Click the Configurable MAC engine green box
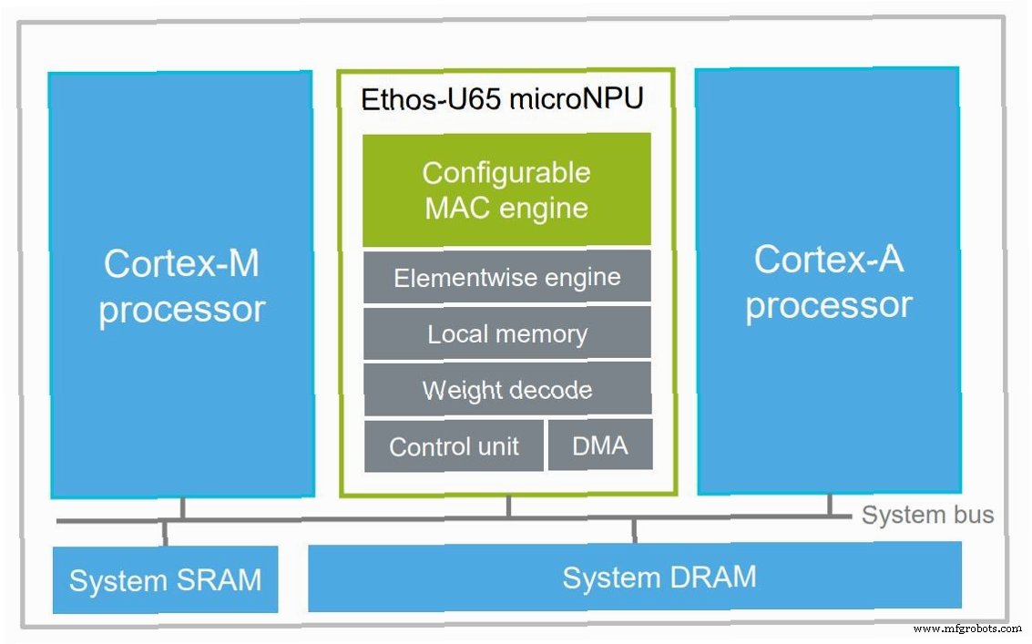point(506,189)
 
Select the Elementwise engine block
point(506,277)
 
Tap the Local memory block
point(506,333)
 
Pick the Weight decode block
point(507,389)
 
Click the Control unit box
point(455,445)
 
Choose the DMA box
point(600,445)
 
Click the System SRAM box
point(165,579)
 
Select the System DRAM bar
point(635,577)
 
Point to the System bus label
point(927,515)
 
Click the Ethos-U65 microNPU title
point(502,98)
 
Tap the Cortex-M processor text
point(181,286)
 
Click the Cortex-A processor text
point(829,281)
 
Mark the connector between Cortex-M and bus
point(182,509)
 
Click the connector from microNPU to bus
point(509,507)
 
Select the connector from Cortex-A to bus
point(829,505)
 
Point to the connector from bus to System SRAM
point(165,534)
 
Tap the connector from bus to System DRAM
point(634,531)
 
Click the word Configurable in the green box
point(506,173)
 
